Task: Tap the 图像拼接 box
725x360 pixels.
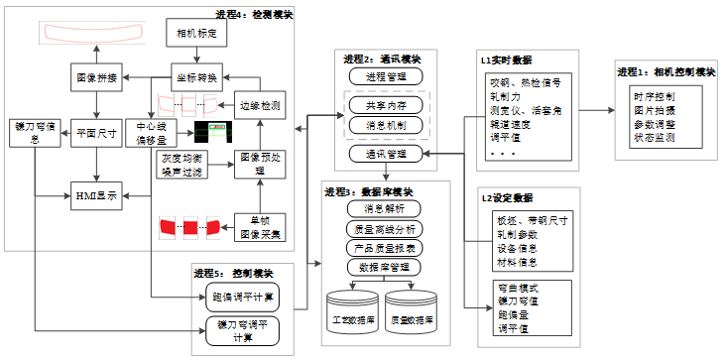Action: tap(97, 76)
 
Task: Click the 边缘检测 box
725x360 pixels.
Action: tap(261, 104)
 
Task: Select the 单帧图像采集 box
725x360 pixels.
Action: tap(261, 227)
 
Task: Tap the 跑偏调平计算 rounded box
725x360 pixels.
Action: tap(243, 296)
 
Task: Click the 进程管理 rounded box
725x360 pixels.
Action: tap(385, 76)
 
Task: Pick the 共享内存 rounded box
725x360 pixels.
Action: tap(385, 105)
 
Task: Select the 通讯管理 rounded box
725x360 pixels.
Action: tap(385, 154)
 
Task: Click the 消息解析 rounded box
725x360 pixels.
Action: tap(385, 208)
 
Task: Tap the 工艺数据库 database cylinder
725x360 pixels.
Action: tap(354, 312)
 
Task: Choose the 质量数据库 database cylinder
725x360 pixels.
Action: tap(413, 312)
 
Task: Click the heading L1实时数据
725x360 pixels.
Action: tap(506, 61)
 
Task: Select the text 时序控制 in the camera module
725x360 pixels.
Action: tap(653, 96)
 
